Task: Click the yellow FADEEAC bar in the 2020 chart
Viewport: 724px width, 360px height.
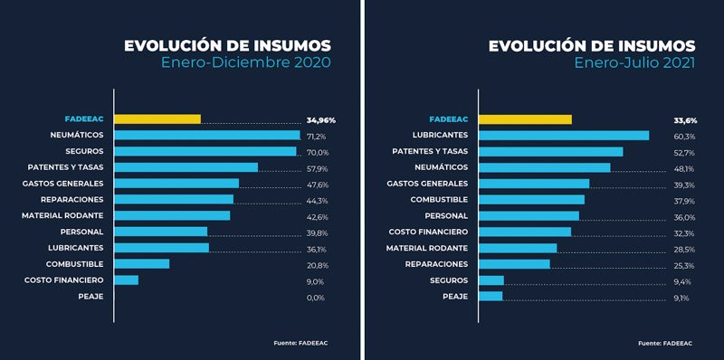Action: click(x=157, y=119)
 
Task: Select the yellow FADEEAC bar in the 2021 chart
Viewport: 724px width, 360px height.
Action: click(x=525, y=119)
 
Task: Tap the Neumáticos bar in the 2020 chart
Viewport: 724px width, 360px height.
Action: click(x=207, y=136)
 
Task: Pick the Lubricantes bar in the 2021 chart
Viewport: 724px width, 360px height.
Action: click(x=564, y=136)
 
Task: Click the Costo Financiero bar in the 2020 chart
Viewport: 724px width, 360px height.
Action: click(x=127, y=280)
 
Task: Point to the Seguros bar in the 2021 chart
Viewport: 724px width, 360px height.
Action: click(x=491, y=280)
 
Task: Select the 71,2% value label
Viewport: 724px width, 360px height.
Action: click(x=316, y=136)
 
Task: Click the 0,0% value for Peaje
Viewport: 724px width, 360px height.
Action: click(x=316, y=298)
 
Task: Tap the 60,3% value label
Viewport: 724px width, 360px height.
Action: click(x=683, y=136)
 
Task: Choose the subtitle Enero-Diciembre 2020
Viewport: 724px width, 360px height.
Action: click(x=245, y=62)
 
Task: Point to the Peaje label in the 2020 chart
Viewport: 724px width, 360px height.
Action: click(x=90, y=297)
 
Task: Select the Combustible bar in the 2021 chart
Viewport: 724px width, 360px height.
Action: click(x=531, y=200)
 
